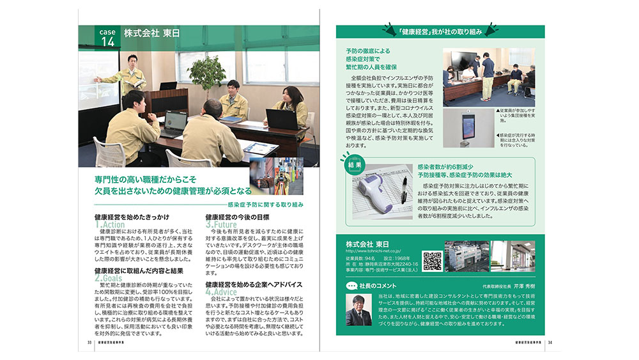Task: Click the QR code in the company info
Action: [x=432, y=262]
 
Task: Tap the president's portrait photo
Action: [x=358, y=310]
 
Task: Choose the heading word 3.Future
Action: [x=220, y=225]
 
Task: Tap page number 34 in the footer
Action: [x=550, y=342]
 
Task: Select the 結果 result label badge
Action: [x=355, y=164]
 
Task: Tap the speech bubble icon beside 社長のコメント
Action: [x=350, y=285]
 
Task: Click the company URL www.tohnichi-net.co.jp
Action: [x=373, y=251]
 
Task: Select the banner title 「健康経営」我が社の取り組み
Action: [x=440, y=31]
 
